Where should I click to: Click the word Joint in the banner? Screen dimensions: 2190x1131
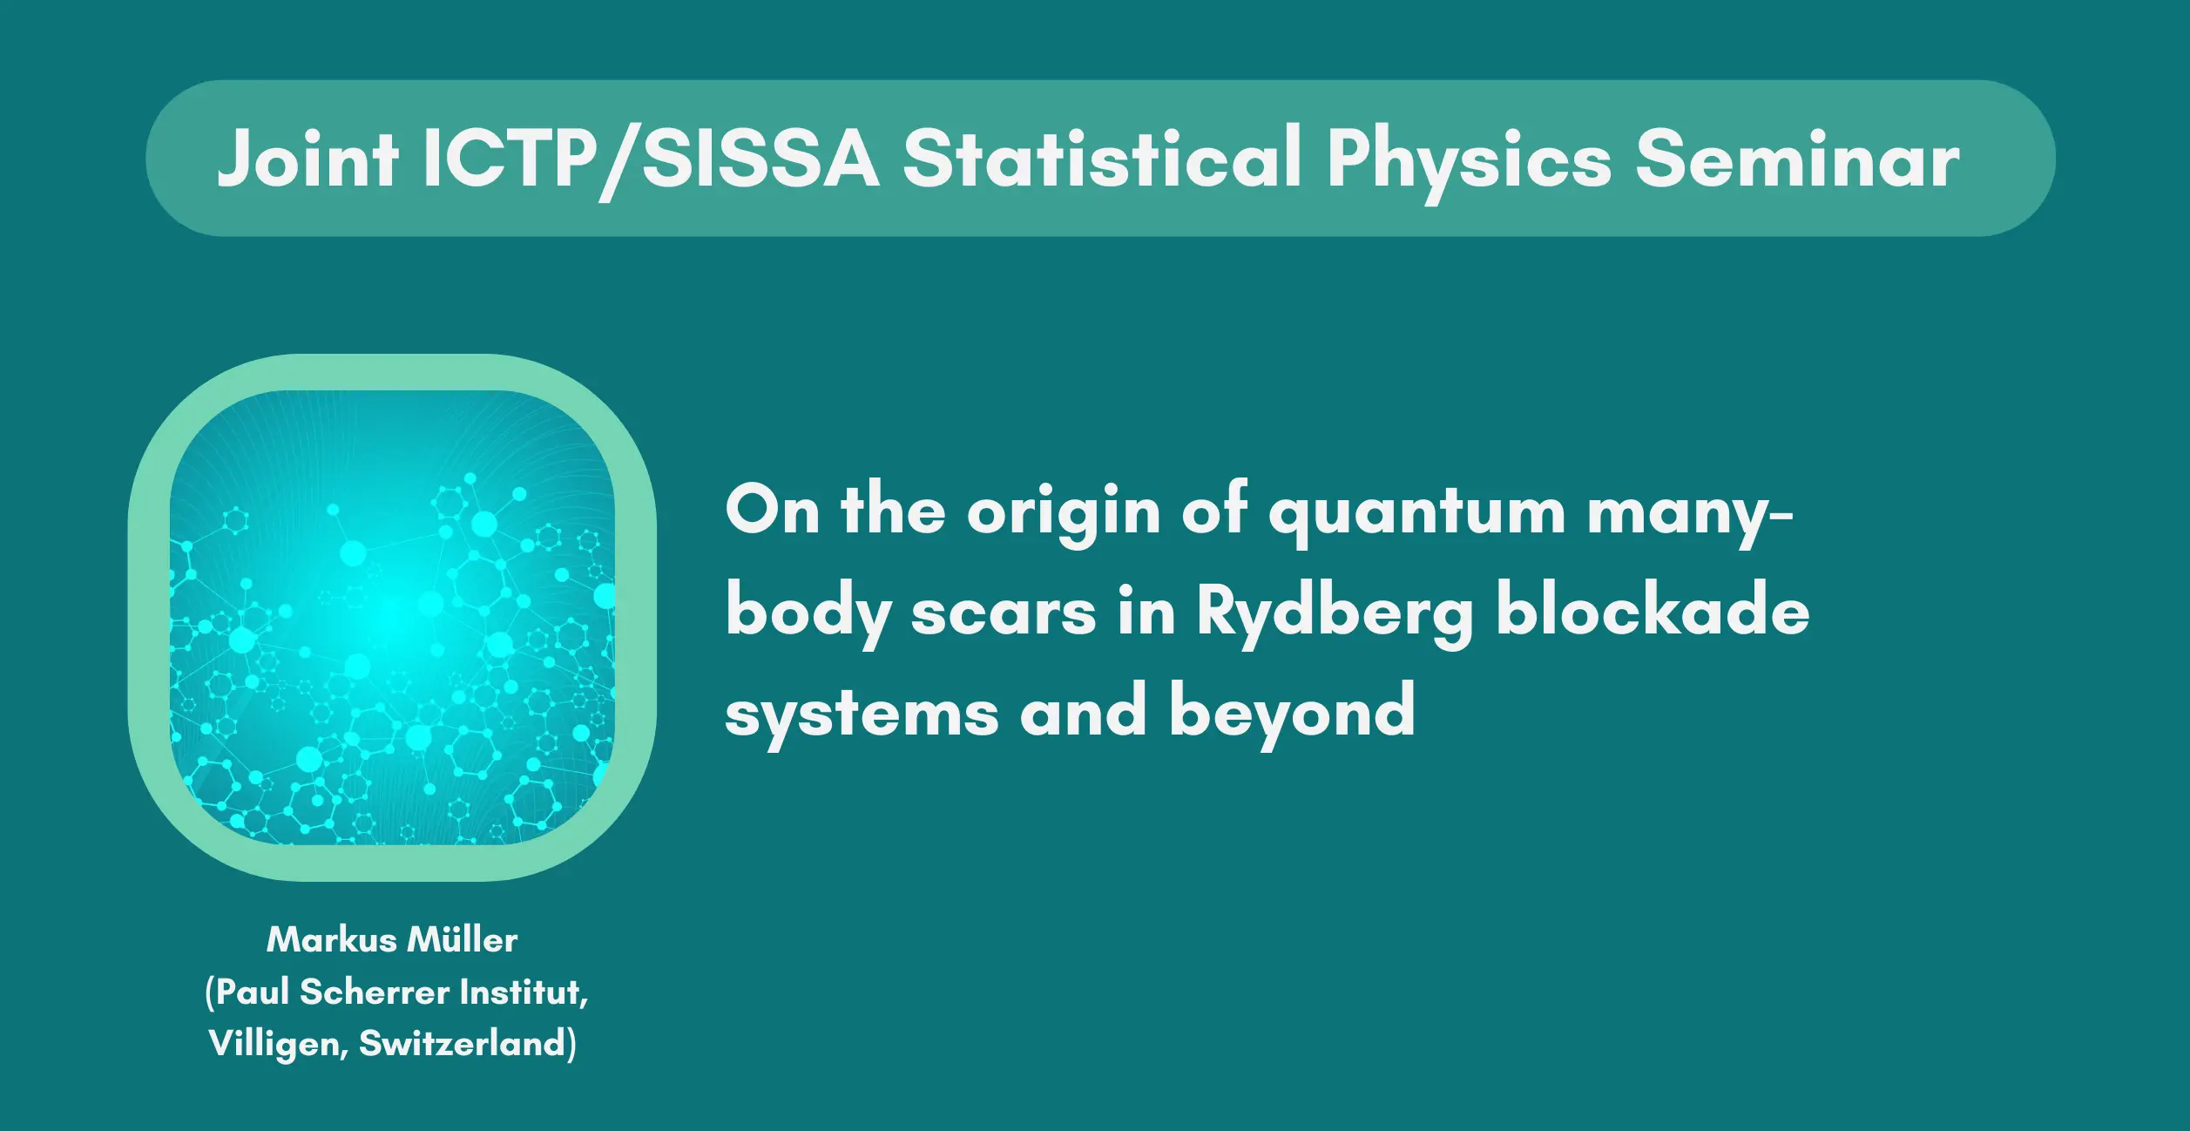coord(308,158)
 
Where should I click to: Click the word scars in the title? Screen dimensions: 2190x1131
coord(1004,613)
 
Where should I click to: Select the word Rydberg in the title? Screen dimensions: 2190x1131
coord(1335,613)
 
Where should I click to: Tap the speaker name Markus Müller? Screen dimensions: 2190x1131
coord(392,940)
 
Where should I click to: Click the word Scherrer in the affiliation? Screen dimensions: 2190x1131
coord(375,992)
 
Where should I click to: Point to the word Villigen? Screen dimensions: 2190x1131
coord(279,1045)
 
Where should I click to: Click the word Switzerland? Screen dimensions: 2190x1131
coord(468,1044)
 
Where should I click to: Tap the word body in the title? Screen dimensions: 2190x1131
coord(808,613)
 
